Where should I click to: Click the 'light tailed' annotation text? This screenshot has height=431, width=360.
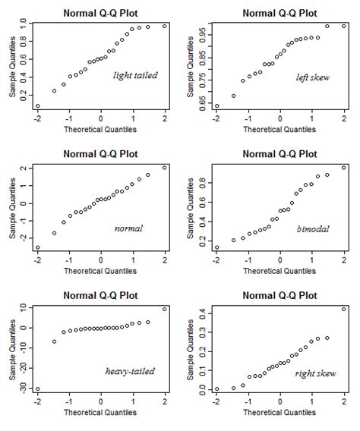point(134,75)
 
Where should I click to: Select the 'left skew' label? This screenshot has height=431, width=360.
point(312,77)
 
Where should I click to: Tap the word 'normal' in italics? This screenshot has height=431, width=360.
point(128,228)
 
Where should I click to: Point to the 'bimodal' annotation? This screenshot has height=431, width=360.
point(312,228)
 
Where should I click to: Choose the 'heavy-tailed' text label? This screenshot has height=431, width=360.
point(130,371)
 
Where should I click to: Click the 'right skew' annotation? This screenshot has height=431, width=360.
point(311,371)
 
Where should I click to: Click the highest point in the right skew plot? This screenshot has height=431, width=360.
point(343,309)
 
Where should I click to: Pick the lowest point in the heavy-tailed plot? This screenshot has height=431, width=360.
point(37,389)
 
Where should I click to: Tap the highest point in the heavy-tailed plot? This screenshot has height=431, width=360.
point(165,309)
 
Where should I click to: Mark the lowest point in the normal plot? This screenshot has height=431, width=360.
point(37,247)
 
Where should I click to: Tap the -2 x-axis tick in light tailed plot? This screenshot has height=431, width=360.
point(37,118)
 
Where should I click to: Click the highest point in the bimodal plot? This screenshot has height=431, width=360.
point(343,168)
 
